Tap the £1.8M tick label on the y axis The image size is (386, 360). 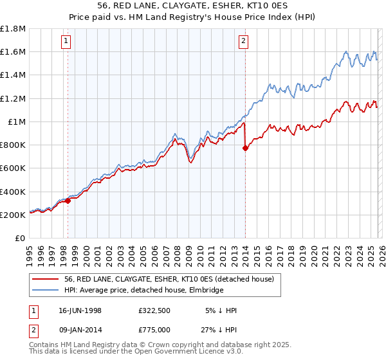pyautogui.click(x=13, y=29)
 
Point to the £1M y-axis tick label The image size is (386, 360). pyautogui.click(x=16, y=122)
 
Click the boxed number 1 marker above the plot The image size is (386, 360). pyautogui.click(x=68, y=42)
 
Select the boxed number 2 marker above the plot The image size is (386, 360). pyautogui.click(x=244, y=42)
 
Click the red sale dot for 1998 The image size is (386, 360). pyautogui.click(x=68, y=201)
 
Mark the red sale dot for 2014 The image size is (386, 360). pyautogui.click(x=245, y=148)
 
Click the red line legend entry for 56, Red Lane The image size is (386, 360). pyautogui.click(x=169, y=279)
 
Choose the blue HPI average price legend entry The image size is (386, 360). pyautogui.click(x=143, y=291)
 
